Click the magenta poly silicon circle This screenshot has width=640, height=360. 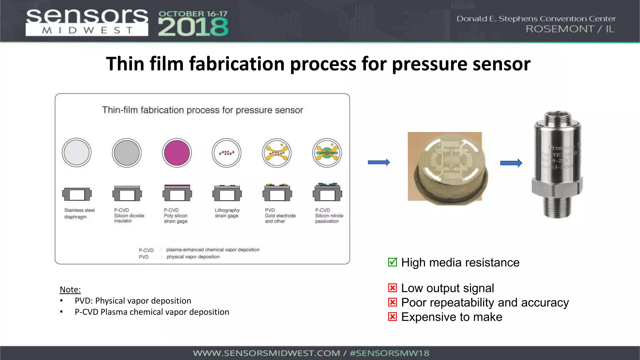pos(177,153)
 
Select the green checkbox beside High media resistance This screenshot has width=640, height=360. pos(392,262)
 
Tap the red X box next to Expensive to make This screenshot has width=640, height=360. pos(392,317)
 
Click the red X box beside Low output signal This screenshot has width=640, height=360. pos(392,287)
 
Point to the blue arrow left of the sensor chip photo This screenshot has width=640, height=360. pos(379,162)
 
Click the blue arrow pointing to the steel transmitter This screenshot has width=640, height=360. pos(511,163)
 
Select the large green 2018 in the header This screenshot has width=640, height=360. pos(193,27)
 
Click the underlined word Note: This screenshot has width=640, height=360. pos(70,289)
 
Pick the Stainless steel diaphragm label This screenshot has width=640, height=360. pos(79,213)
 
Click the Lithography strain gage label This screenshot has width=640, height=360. pos(227,213)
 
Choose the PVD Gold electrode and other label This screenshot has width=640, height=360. pos(280,216)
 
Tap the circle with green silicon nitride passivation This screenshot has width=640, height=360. pos(327,153)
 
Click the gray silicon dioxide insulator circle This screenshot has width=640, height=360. pos(127,153)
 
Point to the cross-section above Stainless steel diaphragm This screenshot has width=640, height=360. pos(77,194)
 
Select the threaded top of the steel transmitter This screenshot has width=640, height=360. pos(558,119)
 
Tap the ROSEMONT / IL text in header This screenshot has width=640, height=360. pos(570,29)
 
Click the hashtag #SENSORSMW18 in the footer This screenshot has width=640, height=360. pos(389,353)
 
